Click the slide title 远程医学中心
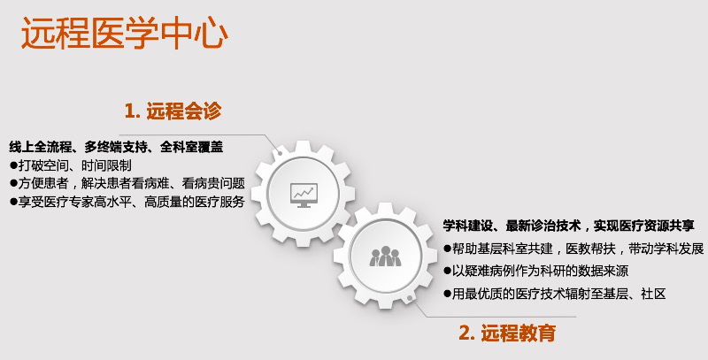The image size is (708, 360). pyautogui.click(x=125, y=33)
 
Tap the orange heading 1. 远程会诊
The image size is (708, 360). pyautogui.click(x=173, y=111)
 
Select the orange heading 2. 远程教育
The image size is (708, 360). pyautogui.click(x=507, y=333)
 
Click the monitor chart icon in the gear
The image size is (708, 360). pyautogui.click(x=304, y=195)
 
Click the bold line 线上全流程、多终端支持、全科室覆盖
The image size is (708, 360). pyautogui.click(x=116, y=147)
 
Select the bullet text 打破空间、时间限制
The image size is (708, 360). pyautogui.click(x=71, y=165)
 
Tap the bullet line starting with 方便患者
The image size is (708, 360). pyautogui.click(x=127, y=183)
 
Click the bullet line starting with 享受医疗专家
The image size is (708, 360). pyautogui.click(x=127, y=201)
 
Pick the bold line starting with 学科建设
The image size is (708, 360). pyautogui.click(x=568, y=226)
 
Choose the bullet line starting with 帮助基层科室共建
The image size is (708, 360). pyautogui.click(x=573, y=249)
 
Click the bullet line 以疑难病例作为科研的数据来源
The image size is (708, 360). pyautogui.click(x=535, y=271)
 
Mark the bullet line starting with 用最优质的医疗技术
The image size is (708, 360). pyautogui.click(x=555, y=294)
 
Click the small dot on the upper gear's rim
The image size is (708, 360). pyautogui.click(x=280, y=152)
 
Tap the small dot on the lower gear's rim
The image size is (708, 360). pyautogui.click(x=409, y=298)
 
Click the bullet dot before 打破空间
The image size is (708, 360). pyautogui.click(x=13, y=165)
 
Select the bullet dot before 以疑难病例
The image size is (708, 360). pyautogui.click(x=447, y=272)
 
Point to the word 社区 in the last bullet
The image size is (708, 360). pyautogui.click(x=653, y=294)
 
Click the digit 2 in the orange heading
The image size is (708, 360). pyautogui.click(x=464, y=333)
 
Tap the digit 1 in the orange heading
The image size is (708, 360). pyautogui.click(x=129, y=111)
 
